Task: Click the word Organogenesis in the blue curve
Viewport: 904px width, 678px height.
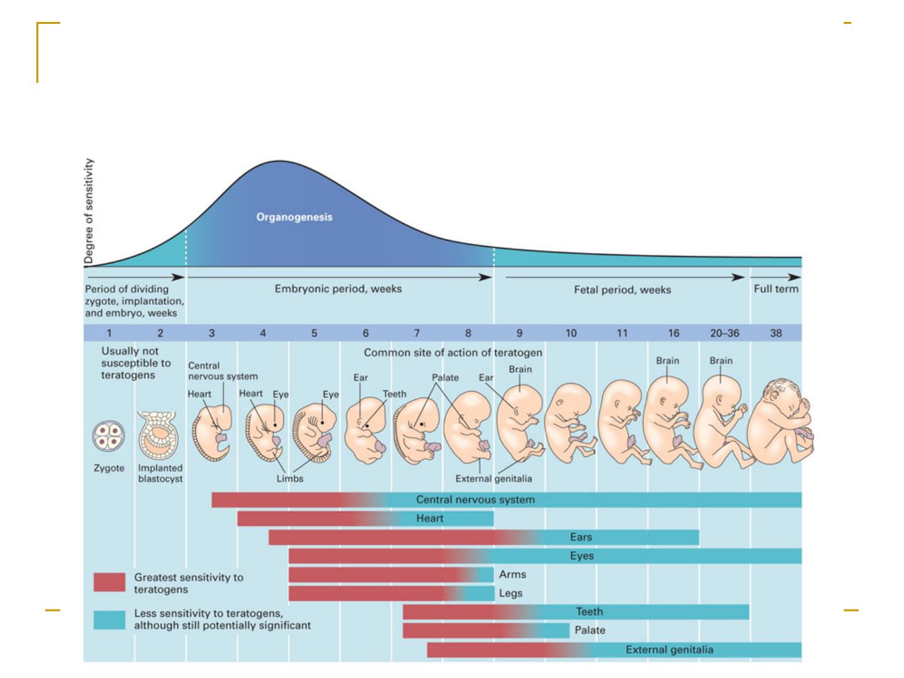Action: (294, 217)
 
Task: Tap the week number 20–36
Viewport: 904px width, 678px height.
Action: (724, 333)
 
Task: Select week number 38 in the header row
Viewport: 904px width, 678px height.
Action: (776, 333)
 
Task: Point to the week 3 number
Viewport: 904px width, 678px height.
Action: (212, 333)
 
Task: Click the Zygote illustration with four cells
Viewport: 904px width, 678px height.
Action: (109, 436)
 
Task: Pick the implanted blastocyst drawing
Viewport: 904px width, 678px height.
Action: (159, 436)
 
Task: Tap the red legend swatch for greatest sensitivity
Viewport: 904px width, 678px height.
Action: (109, 582)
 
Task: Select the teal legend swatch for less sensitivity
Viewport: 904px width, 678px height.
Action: (109, 620)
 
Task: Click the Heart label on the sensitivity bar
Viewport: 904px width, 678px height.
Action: (429, 519)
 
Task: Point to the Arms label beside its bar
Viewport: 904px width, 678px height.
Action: (512, 574)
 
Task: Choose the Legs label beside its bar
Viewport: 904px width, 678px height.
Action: (510, 593)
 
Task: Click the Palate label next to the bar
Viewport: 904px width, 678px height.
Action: (589, 630)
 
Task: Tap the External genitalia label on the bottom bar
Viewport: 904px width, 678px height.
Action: (669, 650)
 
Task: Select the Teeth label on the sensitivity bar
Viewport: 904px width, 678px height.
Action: (589, 611)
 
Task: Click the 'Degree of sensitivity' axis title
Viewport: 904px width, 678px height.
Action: (89, 211)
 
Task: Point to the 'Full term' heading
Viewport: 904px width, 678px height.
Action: (776, 289)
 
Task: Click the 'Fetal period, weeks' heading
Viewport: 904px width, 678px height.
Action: (622, 290)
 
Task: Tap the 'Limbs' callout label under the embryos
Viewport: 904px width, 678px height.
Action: (290, 479)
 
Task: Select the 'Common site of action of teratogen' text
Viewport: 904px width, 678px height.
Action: (453, 353)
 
